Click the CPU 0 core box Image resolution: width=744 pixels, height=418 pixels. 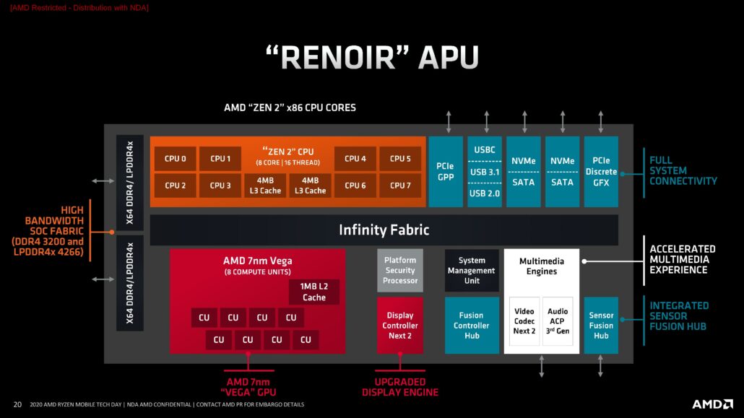click(176, 159)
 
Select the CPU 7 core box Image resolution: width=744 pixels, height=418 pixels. click(400, 186)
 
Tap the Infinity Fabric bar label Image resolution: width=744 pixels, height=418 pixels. click(384, 230)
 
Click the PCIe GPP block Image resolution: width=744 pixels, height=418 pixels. click(446, 172)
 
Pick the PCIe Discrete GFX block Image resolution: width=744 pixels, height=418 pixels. click(601, 172)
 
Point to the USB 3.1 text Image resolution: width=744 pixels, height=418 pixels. click(485, 172)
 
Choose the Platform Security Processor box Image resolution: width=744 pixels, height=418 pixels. click(400, 270)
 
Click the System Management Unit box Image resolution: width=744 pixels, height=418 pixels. click(472, 271)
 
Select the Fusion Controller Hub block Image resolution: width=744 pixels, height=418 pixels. click(472, 326)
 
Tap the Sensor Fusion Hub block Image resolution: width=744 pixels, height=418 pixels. click(601, 326)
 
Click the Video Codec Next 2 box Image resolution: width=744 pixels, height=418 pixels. click(524, 321)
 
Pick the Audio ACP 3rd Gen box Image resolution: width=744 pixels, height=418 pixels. click(558, 321)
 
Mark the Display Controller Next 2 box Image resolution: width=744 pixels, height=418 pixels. click(400, 326)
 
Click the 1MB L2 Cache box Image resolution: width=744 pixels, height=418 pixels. click(314, 292)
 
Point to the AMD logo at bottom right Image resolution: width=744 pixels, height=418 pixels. click(712, 404)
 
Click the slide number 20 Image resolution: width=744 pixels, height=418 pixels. click(17, 404)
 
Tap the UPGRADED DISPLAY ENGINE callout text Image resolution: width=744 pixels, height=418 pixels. click(399, 387)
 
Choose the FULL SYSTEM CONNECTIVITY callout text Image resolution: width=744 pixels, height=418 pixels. click(683, 170)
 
